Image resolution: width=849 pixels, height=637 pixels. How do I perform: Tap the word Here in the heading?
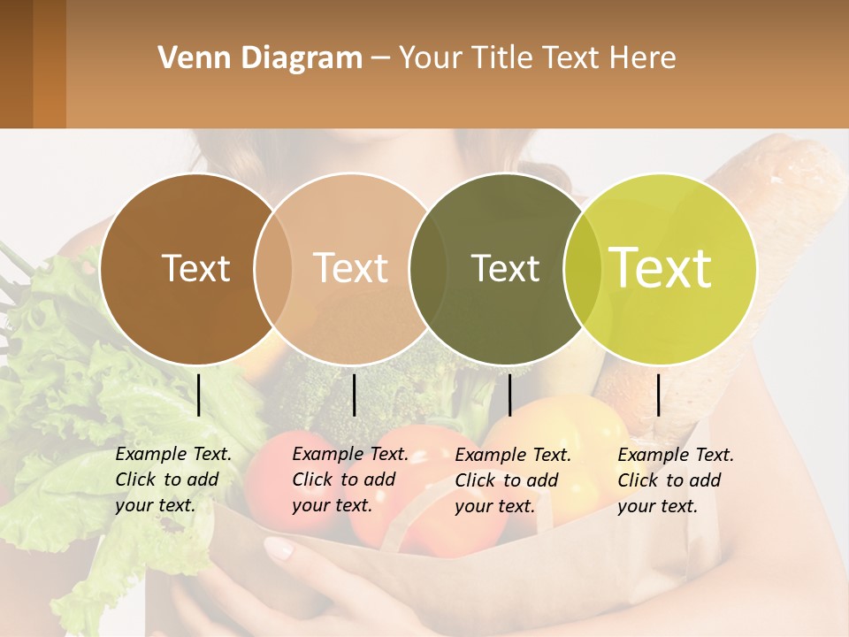(x=643, y=58)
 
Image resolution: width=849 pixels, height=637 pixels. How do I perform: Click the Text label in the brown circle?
(x=195, y=268)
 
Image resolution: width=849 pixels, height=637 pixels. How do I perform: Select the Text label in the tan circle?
(x=351, y=268)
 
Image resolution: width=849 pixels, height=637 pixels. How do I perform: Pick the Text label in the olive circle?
(x=505, y=268)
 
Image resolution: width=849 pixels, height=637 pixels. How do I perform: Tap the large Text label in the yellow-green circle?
(x=661, y=268)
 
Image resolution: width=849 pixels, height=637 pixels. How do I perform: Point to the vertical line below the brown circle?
(x=199, y=395)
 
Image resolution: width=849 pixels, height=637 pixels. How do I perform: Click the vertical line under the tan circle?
(x=354, y=395)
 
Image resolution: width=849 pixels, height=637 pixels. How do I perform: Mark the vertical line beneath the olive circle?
(x=509, y=395)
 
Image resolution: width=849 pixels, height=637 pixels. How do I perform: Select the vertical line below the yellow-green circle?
(x=659, y=395)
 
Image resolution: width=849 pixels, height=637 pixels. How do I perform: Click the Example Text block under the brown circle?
(x=172, y=480)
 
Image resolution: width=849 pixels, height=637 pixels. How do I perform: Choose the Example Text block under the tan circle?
(x=349, y=480)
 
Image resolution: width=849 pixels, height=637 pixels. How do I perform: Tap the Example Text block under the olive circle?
(x=512, y=480)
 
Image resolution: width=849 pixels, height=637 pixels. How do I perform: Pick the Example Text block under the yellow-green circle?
(x=675, y=480)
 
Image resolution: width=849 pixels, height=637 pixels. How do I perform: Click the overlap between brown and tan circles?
(x=273, y=269)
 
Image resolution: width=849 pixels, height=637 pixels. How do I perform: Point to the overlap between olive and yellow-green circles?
(x=580, y=269)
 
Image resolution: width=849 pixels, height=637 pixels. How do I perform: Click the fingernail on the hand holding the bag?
(x=279, y=549)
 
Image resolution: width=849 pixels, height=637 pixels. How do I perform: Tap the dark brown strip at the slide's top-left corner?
(x=16, y=64)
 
